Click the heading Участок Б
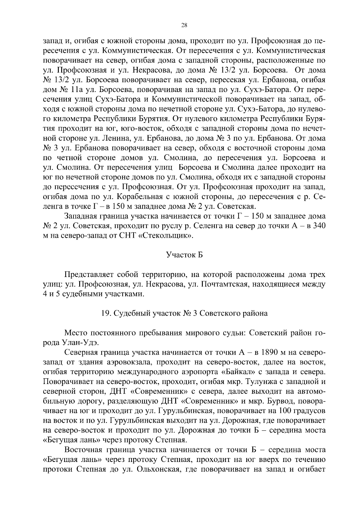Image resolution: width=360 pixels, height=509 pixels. (184, 255)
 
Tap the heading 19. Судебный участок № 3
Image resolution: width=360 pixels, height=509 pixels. (184, 314)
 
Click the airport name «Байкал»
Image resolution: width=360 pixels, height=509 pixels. (238, 372)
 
